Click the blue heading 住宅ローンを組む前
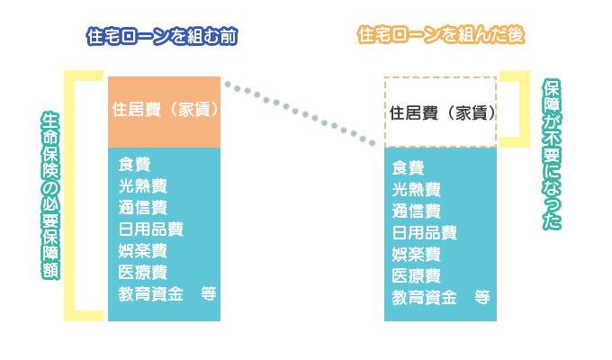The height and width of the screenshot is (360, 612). [x=163, y=36]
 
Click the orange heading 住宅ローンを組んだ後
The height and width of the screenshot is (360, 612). [x=442, y=36]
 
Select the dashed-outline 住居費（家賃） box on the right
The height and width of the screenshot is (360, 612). [x=441, y=112]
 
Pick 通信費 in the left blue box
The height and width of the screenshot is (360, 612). [x=142, y=207]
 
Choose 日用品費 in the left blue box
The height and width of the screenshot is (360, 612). [x=150, y=229]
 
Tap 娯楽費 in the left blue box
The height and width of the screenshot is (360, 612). [x=142, y=250]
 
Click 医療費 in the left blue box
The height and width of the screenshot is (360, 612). [x=142, y=272]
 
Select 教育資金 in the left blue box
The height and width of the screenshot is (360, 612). [x=150, y=293]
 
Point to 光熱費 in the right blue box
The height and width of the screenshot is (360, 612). [x=417, y=189]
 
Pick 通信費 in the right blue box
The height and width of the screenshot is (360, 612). [x=417, y=211]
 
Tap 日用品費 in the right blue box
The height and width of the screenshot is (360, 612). [x=425, y=233]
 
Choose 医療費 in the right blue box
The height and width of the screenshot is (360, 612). [x=417, y=275]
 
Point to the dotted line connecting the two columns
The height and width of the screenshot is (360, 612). [x=301, y=113]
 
